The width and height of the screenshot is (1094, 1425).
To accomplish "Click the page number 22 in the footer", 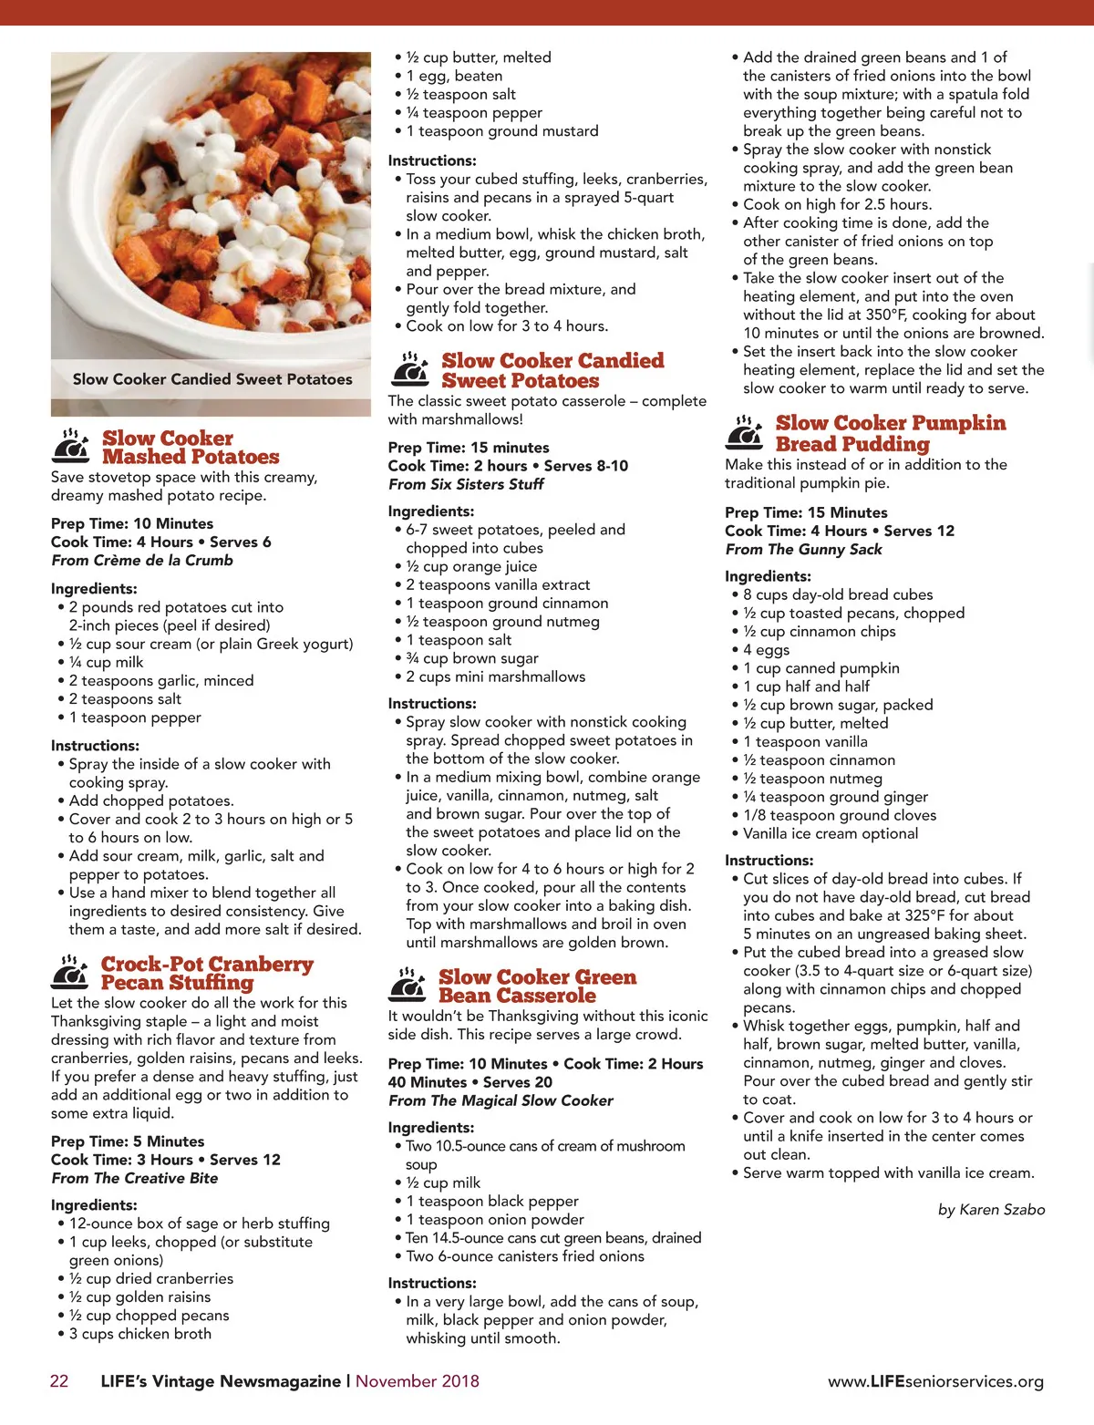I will coord(59,1380).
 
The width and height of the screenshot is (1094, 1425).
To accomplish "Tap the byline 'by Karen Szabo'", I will coord(991,1209).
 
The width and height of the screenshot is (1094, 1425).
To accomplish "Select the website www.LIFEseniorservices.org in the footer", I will coord(935,1381).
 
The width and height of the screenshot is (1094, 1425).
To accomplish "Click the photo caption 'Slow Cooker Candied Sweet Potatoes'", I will coord(212,379).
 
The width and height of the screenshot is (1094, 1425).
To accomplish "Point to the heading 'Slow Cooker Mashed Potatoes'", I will coord(191,448).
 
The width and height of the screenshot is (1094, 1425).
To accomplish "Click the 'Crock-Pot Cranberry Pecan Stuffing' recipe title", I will coord(207,973).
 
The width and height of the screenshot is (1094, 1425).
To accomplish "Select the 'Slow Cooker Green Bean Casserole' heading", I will coord(537,986).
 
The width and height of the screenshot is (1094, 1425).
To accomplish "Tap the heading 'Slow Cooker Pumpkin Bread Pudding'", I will coord(891,433).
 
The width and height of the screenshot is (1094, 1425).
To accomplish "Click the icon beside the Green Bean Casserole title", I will coord(408,985).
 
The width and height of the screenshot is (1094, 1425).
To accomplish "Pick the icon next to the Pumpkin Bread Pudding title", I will coord(745,432).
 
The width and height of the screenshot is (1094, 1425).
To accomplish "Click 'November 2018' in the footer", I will coord(418,1380).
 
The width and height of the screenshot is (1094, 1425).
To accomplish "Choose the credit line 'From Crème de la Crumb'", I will coord(142,560).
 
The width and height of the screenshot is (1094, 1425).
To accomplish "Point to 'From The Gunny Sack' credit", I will coord(803,549).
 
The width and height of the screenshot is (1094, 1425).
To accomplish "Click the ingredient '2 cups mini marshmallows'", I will coord(495,676).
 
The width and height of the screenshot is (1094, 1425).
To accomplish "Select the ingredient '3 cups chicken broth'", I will coord(139,1333).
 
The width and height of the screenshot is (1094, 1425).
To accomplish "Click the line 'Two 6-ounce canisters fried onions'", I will coord(524,1255).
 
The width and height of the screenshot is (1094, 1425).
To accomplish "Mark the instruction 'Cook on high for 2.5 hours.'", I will coord(837,204).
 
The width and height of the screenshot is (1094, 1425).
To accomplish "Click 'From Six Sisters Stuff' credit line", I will coord(466,484).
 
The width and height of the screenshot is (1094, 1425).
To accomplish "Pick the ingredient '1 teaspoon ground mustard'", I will coord(501,130).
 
